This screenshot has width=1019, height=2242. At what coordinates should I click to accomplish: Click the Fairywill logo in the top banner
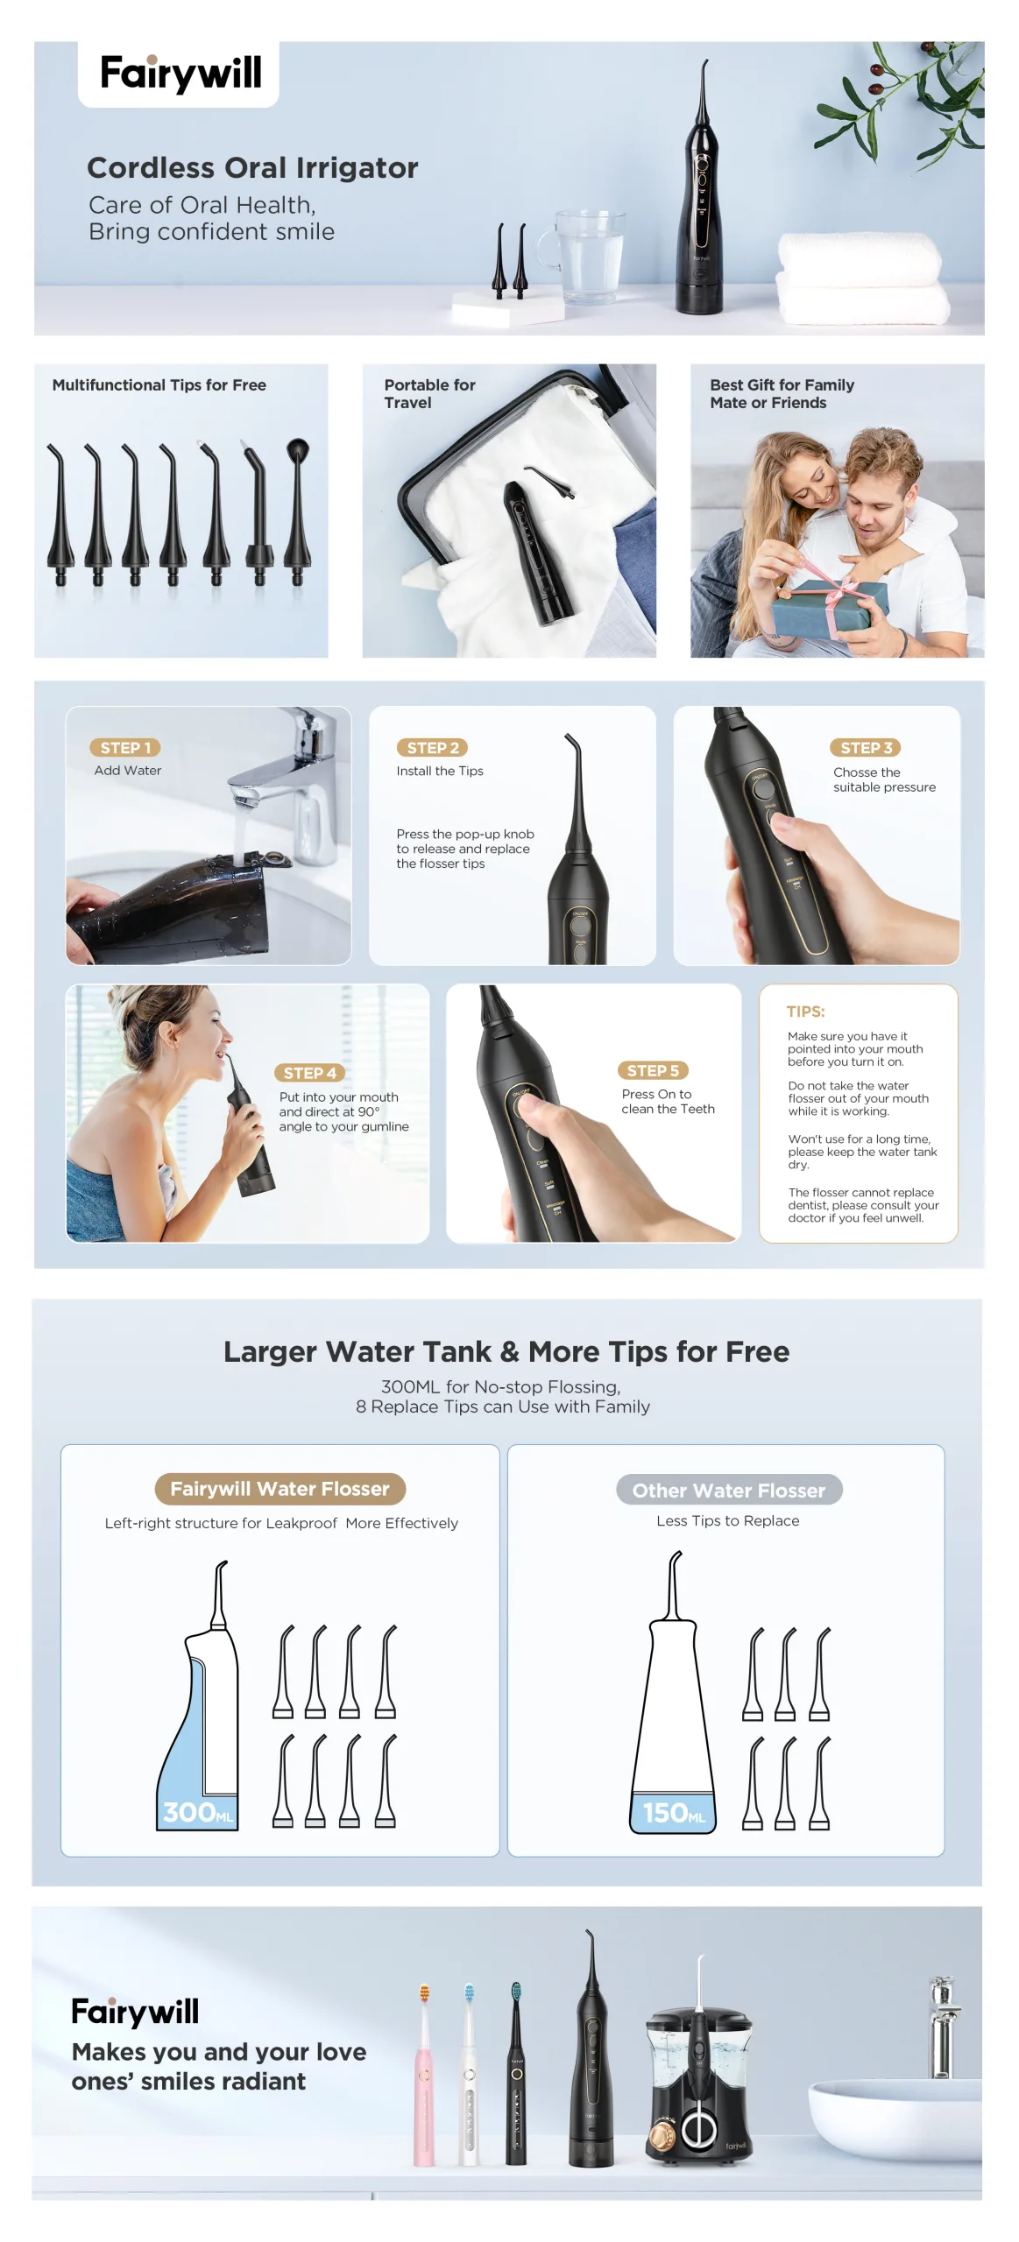(x=180, y=73)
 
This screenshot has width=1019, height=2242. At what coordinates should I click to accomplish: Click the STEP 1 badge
(x=124, y=747)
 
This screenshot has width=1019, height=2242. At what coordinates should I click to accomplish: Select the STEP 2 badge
(x=432, y=747)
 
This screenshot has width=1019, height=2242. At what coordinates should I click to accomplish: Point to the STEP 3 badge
(x=866, y=747)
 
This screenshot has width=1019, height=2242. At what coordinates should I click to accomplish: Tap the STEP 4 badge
(x=309, y=1073)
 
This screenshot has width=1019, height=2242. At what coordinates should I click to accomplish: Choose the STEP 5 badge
(x=653, y=1070)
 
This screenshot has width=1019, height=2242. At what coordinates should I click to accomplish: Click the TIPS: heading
(x=805, y=1012)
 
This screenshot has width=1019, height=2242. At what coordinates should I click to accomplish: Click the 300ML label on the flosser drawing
(x=198, y=1812)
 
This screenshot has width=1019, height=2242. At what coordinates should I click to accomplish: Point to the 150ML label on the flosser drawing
(x=674, y=1812)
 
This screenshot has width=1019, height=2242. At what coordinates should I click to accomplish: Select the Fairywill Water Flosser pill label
(x=280, y=1489)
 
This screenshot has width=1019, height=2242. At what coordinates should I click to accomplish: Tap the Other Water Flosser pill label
(x=729, y=1490)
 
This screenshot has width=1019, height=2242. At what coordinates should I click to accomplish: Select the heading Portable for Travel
(x=429, y=393)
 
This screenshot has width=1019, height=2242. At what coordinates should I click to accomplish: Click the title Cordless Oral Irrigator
(x=252, y=167)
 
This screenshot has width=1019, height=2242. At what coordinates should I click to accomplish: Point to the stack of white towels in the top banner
(x=863, y=278)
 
